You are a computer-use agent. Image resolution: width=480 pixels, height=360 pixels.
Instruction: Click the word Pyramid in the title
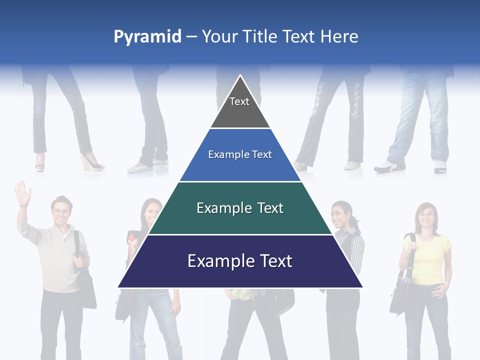point(147,37)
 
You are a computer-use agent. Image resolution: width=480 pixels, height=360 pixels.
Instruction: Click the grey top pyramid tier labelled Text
point(240,107)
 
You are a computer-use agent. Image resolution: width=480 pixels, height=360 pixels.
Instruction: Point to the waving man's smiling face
point(61,212)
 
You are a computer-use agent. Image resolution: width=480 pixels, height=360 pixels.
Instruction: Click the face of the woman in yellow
point(426,215)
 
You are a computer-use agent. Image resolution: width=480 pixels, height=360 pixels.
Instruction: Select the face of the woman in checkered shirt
point(341,213)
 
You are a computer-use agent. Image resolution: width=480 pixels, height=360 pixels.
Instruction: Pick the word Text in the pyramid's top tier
point(239,101)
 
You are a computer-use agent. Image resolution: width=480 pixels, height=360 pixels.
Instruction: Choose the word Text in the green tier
point(270,208)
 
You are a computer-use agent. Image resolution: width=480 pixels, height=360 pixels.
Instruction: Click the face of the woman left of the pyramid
point(151,211)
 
